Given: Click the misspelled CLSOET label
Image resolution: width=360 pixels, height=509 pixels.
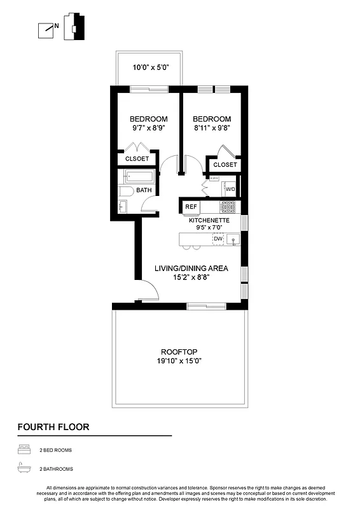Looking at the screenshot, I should pyautogui.click(x=137, y=159).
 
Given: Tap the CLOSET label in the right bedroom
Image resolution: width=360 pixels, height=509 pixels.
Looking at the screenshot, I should pyautogui.click(x=225, y=165).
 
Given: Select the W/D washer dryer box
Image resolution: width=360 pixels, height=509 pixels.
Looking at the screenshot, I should pyautogui.click(x=230, y=189).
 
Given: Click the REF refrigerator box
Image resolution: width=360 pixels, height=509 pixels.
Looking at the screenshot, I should pyautogui.click(x=190, y=207).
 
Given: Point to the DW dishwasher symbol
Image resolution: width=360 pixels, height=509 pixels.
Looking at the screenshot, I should pyautogui.click(x=218, y=239).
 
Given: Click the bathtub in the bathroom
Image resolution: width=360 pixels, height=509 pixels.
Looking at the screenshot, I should pyautogui.click(x=140, y=176).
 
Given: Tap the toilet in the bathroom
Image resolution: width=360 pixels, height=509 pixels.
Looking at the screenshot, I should pyautogui.click(x=125, y=190).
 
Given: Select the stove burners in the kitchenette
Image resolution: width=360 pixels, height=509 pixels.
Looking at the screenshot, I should pyautogui.click(x=228, y=207).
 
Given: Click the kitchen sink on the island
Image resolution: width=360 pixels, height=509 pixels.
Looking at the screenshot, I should pyautogui.click(x=233, y=241).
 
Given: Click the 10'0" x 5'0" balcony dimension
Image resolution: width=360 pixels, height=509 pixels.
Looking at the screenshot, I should pyautogui.click(x=150, y=67).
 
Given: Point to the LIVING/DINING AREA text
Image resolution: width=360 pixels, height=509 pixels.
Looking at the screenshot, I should pyautogui.click(x=191, y=268).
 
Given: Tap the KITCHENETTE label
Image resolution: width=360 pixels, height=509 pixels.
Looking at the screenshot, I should pyautogui.click(x=209, y=220).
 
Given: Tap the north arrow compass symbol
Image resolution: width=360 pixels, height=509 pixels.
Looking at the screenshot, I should pyautogui.click(x=46, y=29).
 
